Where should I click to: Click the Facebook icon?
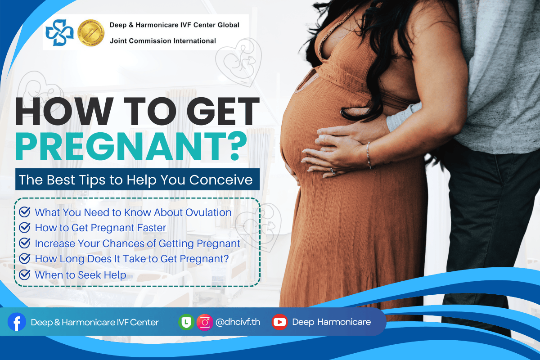click(17, 322)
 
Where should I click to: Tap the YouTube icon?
click(279, 322)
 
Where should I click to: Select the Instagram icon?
click(205, 322)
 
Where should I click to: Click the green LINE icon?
click(186, 322)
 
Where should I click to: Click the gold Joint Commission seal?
click(91, 33)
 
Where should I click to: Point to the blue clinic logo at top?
click(59, 32)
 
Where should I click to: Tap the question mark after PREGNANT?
click(238, 146)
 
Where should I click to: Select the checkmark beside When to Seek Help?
click(25, 274)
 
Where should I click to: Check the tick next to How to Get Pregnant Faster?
click(25, 227)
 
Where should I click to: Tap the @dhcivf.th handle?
click(238, 322)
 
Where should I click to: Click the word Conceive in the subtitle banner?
click(221, 180)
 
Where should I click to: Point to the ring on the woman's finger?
click(333, 171)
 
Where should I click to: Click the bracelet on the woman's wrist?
click(369, 155)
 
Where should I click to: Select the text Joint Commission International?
click(163, 41)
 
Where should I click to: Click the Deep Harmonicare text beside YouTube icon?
click(332, 322)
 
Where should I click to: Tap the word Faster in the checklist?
click(151, 228)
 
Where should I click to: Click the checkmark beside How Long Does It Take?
click(25, 259)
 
